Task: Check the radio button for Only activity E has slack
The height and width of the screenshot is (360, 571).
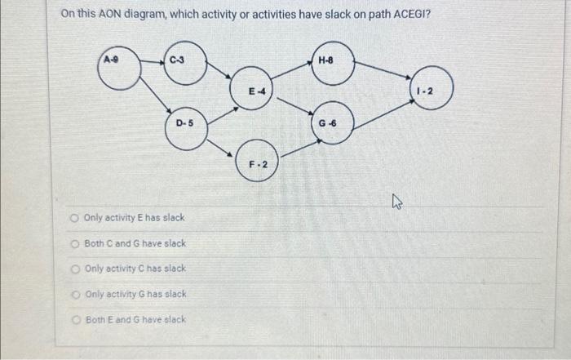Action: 73,218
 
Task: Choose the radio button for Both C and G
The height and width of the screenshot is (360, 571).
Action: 74,243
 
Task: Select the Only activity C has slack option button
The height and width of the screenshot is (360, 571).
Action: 74,269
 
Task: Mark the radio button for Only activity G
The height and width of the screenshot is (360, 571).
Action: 74,294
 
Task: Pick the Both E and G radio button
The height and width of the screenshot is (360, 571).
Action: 74,319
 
